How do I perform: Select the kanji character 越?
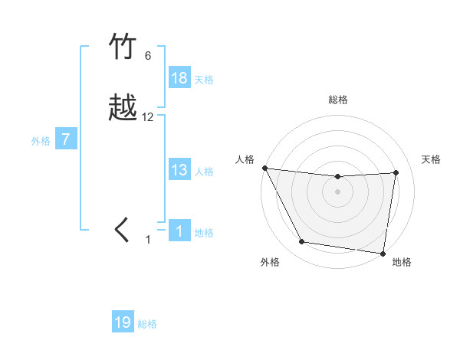pyautogui.click(x=123, y=109)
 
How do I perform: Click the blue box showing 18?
pyautogui.click(x=179, y=77)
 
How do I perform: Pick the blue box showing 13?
pyautogui.click(x=179, y=170)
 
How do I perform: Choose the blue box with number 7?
pyautogui.click(x=66, y=139)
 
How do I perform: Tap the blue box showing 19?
pyautogui.click(x=123, y=322)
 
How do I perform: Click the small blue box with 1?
pyautogui.click(x=179, y=231)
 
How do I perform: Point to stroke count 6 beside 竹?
pyautogui.click(x=148, y=56)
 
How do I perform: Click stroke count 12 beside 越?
pyautogui.click(x=148, y=117)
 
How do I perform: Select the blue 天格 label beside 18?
pyautogui.click(x=204, y=79)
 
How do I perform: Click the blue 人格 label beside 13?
pyautogui.click(x=204, y=172)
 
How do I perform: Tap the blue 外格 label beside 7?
pyautogui.click(x=41, y=141)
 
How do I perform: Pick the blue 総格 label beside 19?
pyautogui.click(x=147, y=324)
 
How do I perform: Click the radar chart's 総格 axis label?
pyautogui.click(x=338, y=100)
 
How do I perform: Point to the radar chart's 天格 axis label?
pyautogui.click(x=432, y=159)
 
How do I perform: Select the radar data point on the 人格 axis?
pyautogui.click(x=264, y=168)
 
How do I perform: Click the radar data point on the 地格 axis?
pyautogui.click(x=383, y=253)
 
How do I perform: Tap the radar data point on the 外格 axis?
pyautogui.click(x=302, y=242)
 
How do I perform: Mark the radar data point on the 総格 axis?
pyautogui.click(x=338, y=177)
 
